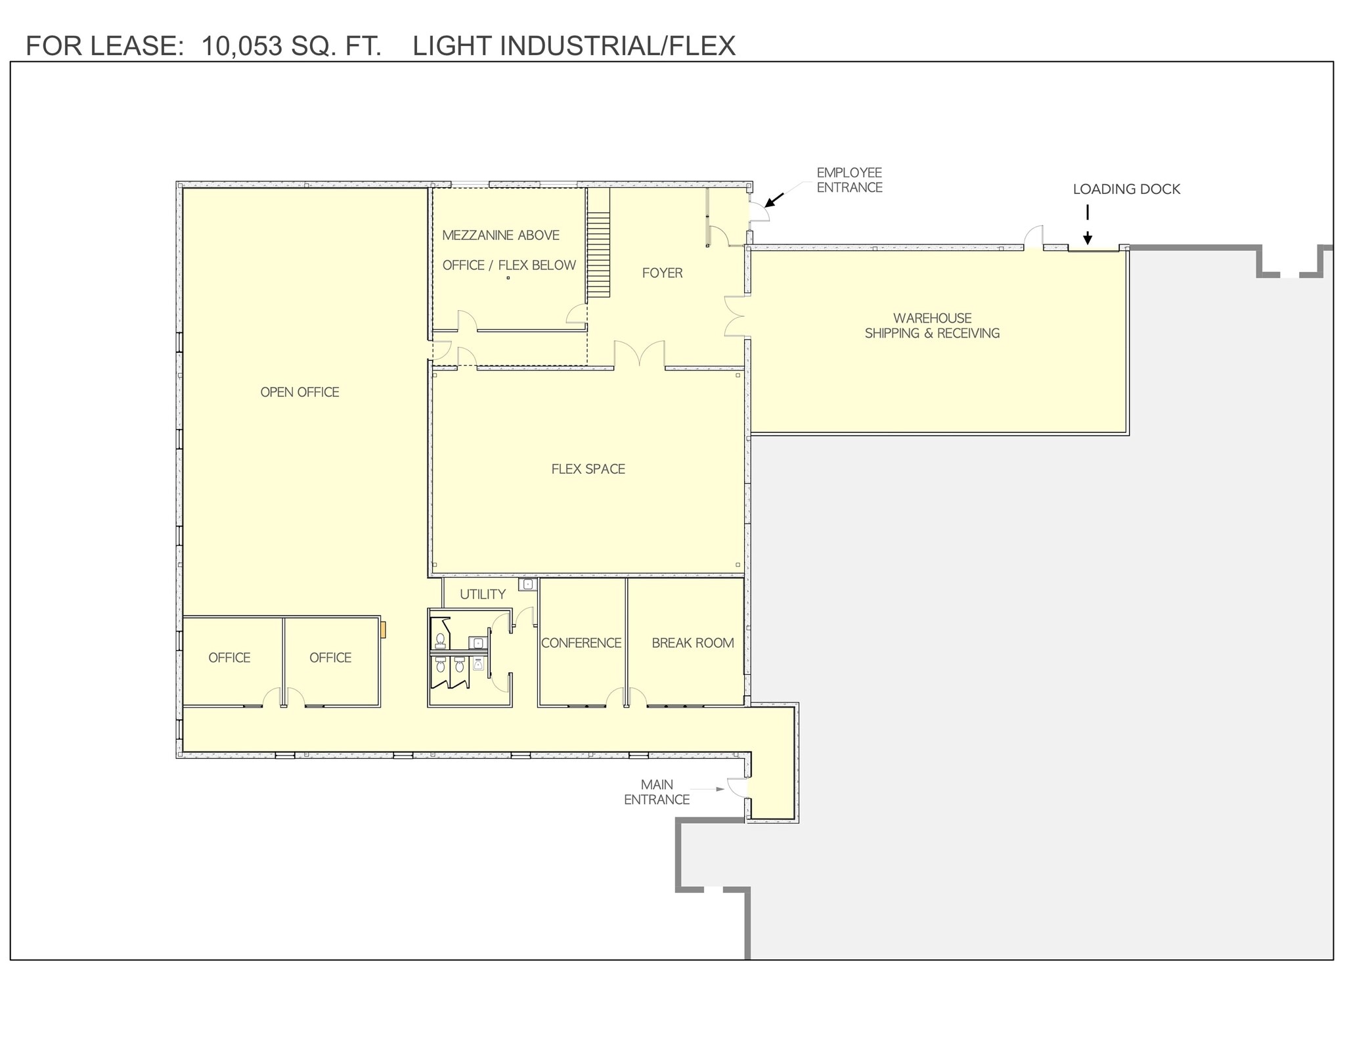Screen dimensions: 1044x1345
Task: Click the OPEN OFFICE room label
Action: (x=299, y=392)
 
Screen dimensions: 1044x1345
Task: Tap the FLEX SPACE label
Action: (x=588, y=469)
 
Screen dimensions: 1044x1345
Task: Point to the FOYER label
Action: (x=662, y=273)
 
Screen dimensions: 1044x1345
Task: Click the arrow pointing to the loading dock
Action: (x=1088, y=227)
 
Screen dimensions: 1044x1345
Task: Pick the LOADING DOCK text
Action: (x=1126, y=189)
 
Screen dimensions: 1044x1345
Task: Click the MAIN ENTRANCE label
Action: (x=656, y=792)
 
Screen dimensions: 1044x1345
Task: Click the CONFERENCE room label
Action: (x=581, y=643)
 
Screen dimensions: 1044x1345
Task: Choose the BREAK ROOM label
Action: (x=692, y=643)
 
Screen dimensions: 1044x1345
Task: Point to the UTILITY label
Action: (x=483, y=595)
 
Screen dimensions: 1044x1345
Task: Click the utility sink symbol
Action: (x=527, y=584)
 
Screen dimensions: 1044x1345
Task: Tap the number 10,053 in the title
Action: (x=242, y=46)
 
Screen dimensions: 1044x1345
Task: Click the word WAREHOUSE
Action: (x=932, y=318)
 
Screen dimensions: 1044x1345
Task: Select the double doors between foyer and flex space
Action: (x=639, y=355)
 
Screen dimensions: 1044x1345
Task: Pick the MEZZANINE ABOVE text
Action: (x=500, y=235)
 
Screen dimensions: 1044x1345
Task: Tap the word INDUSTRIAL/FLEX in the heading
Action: (x=617, y=46)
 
